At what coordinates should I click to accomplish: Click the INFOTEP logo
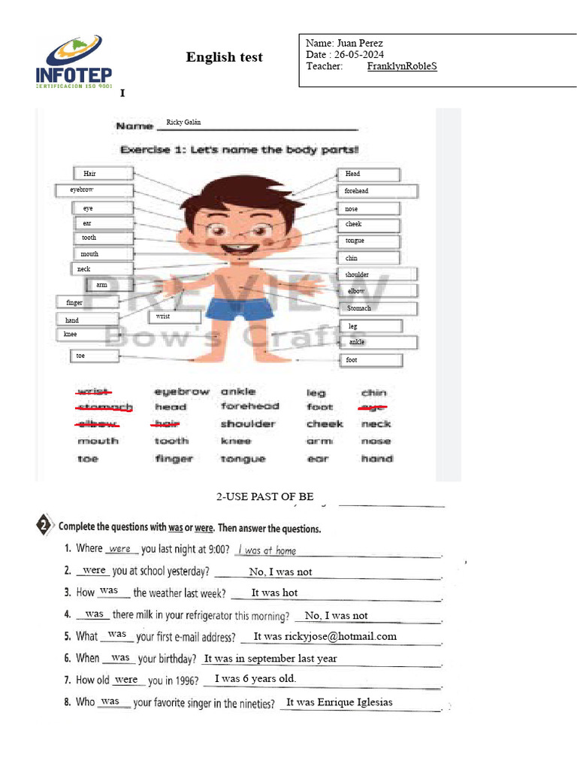click(x=74, y=63)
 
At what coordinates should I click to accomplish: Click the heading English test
click(x=224, y=58)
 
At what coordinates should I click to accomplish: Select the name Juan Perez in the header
click(x=361, y=44)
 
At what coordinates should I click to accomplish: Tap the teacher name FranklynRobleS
click(x=402, y=66)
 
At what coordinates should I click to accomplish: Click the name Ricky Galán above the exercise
click(x=183, y=123)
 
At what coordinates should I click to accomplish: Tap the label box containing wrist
click(x=174, y=317)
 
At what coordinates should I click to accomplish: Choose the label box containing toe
click(x=95, y=356)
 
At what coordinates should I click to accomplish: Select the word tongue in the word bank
click(x=243, y=459)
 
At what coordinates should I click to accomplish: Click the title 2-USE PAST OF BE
click(x=264, y=497)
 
